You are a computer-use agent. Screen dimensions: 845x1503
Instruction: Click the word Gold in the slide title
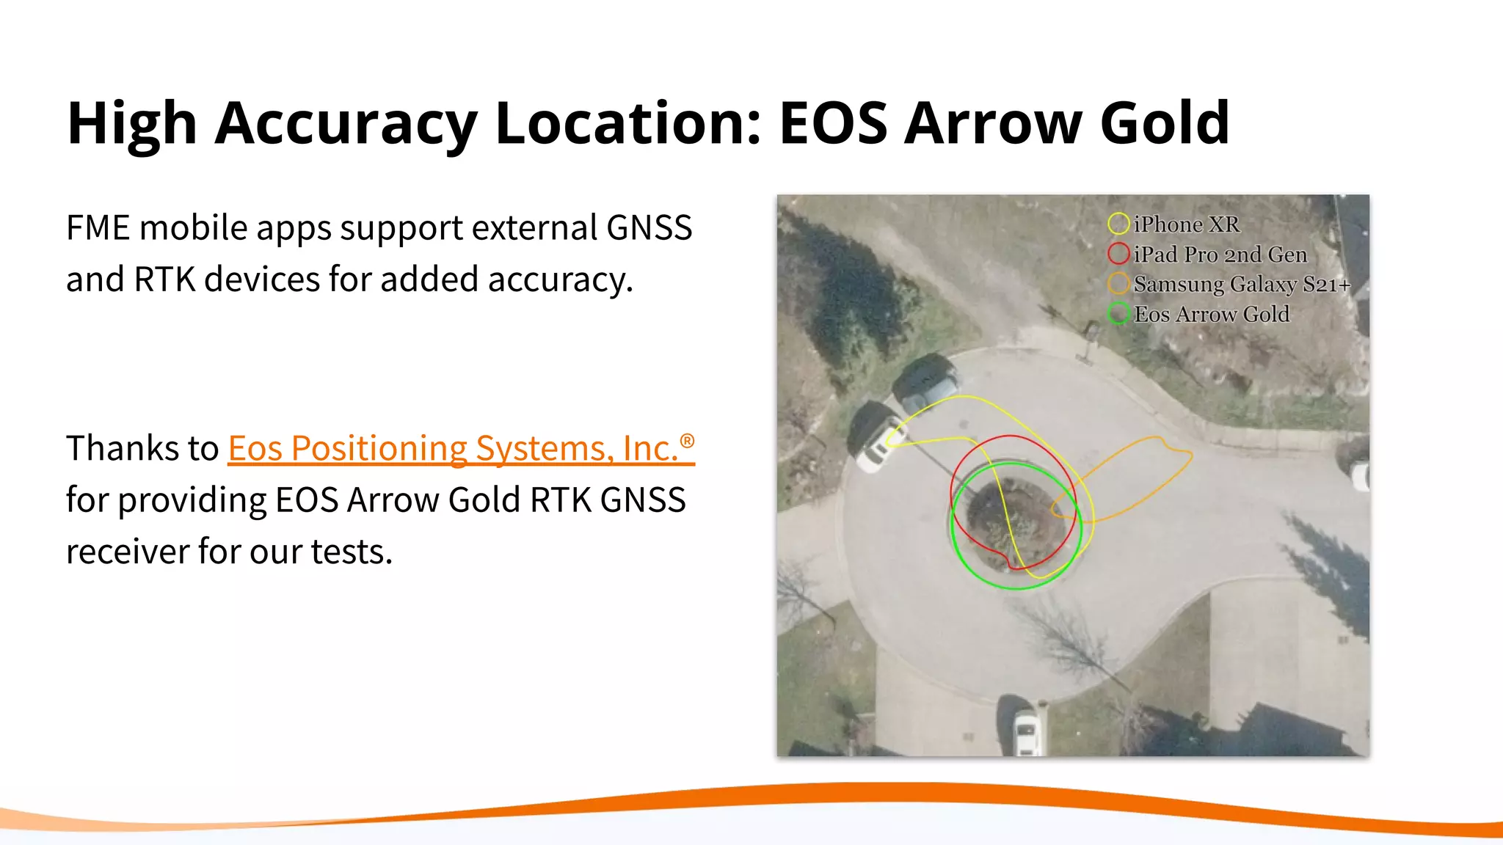tap(1164, 123)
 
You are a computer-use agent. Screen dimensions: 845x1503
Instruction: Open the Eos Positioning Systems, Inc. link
tap(453, 448)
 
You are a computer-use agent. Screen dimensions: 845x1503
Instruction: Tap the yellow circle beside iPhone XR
tap(1118, 224)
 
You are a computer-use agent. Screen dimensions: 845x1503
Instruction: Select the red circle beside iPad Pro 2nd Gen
tap(1118, 254)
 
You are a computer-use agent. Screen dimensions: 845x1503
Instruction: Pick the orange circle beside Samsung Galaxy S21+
tap(1118, 283)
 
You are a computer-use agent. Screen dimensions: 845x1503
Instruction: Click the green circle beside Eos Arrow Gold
tap(1118, 313)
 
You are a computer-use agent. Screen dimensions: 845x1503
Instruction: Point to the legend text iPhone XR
tap(1186, 224)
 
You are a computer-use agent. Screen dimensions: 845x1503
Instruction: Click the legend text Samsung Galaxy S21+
tap(1241, 284)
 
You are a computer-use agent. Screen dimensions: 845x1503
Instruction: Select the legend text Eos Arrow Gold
tap(1211, 314)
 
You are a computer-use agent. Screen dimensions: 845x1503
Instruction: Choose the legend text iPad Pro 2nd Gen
tap(1220, 255)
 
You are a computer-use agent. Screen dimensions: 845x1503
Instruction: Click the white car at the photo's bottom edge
tap(1026, 730)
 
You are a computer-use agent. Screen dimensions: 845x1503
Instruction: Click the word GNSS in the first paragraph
tap(649, 227)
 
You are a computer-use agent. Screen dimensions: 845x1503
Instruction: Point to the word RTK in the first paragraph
tap(164, 279)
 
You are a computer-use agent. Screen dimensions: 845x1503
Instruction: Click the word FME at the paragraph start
tap(98, 227)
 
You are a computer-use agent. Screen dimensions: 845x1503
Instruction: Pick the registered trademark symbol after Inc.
tap(687, 441)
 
